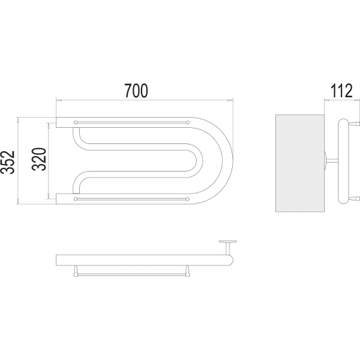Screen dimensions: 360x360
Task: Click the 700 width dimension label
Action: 136,91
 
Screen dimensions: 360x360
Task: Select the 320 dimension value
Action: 39,160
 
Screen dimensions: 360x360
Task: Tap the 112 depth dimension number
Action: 341,91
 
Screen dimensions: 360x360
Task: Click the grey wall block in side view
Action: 300,163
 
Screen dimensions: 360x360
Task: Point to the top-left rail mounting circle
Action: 76,122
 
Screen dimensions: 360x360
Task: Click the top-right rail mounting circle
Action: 188,122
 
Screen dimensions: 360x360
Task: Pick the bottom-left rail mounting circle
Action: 76,199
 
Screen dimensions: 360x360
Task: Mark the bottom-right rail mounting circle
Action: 188,199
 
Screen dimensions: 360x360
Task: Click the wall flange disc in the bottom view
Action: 228,242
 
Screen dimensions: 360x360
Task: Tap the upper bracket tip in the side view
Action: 357,124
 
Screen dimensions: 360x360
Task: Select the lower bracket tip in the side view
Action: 357,199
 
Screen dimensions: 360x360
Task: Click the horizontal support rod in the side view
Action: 332,160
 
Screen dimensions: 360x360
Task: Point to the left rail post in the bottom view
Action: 76,271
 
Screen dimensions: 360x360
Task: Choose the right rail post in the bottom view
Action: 188,271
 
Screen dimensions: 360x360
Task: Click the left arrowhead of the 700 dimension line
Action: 59,100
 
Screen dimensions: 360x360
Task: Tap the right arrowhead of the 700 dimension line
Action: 230,100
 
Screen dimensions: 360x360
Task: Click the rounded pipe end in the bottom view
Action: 230,260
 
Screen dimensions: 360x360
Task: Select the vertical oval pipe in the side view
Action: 343,161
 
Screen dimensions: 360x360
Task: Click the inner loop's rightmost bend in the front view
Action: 199,160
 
